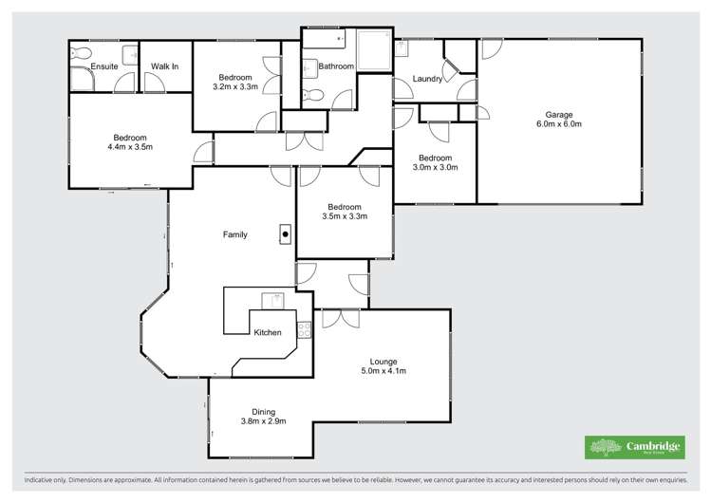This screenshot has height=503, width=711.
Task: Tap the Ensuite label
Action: (103, 66)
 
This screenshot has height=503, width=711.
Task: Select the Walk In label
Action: (165, 66)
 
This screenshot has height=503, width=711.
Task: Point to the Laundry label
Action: (427, 79)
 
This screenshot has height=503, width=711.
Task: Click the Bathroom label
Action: (336, 66)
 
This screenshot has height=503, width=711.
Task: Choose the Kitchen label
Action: (268, 332)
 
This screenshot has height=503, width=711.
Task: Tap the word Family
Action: (235, 233)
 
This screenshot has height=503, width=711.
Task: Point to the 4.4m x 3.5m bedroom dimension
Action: (130, 147)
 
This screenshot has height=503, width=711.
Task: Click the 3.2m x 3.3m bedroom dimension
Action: (234, 87)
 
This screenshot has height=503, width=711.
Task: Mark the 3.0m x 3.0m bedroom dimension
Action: (435, 168)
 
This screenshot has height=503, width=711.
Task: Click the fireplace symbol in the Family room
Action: (284, 232)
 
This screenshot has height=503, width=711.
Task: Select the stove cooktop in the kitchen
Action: (305, 330)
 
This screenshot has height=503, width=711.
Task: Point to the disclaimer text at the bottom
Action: (355, 481)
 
